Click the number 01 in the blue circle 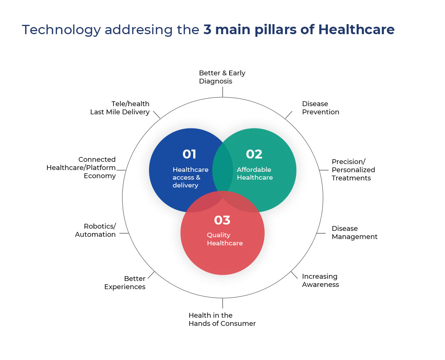[x=189, y=154]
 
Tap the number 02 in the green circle [x=254, y=154]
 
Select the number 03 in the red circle [x=222, y=220]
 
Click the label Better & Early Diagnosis [x=222, y=77]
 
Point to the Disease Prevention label [x=320, y=108]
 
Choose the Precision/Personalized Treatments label [x=353, y=170]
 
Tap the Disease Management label [x=354, y=232]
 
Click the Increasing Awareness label [x=320, y=280]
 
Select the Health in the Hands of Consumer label [x=222, y=319]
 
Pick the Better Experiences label [x=125, y=282]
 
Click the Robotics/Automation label [x=96, y=230]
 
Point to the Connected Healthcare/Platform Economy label [x=81, y=167]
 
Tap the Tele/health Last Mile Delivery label [x=120, y=108]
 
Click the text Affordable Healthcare [x=254, y=173]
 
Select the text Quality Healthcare [x=225, y=239]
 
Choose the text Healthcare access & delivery [x=190, y=177]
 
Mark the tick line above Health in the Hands [x=222, y=303]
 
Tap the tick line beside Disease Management [x=321, y=233]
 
